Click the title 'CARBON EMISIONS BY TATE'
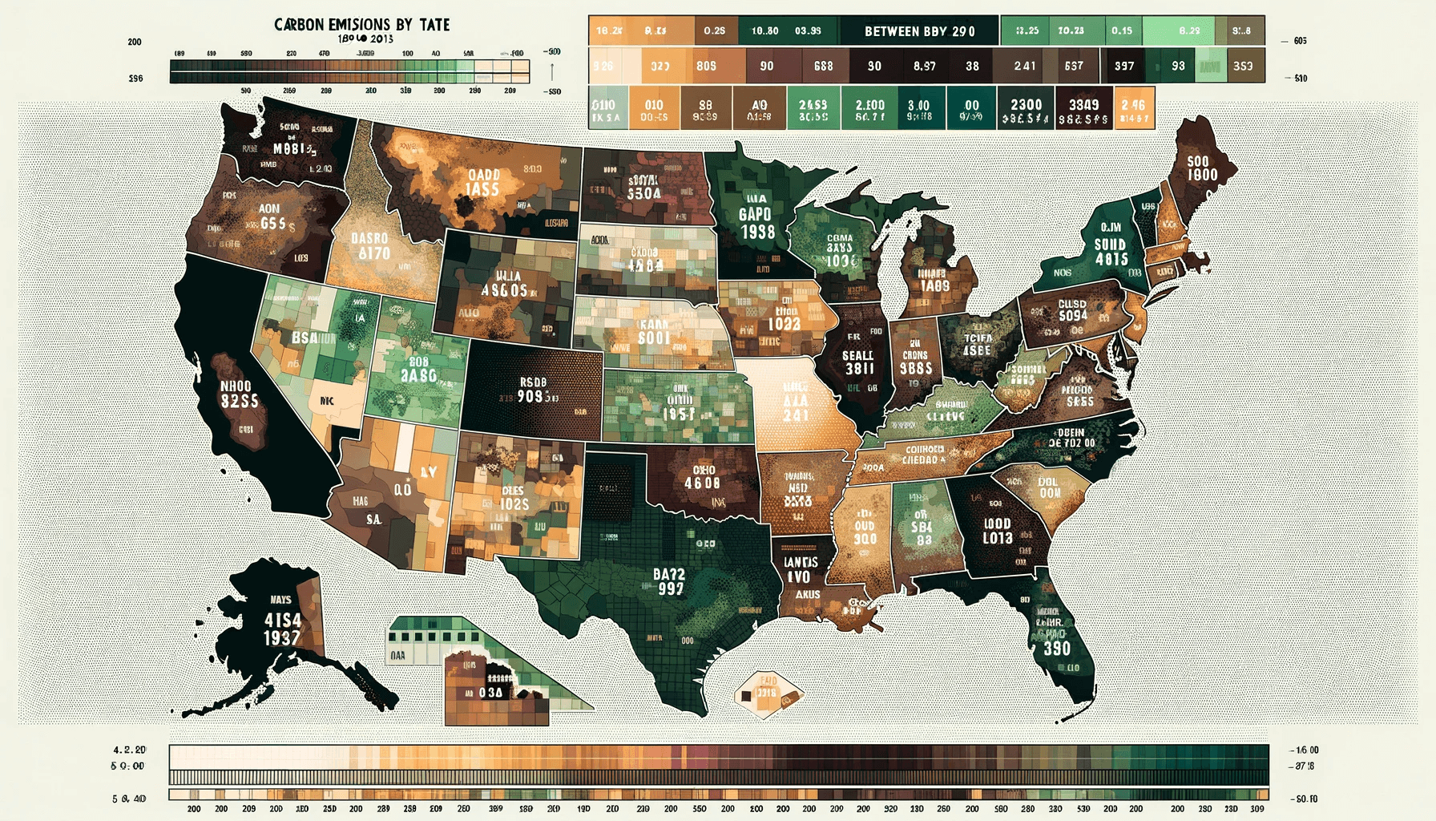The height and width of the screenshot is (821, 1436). (x=361, y=25)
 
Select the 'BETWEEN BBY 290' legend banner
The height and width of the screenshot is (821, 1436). (x=919, y=31)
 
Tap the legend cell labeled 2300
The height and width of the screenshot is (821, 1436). (x=1026, y=111)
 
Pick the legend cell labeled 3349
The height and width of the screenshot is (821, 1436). (x=1083, y=111)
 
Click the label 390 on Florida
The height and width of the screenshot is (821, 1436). (x=1056, y=648)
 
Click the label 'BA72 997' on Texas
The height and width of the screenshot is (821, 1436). (x=669, y=581)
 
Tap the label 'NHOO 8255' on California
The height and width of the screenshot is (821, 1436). (x=239, y=394)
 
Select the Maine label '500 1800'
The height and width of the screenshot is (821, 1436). (x=1202, y=168)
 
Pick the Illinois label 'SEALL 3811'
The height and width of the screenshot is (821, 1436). (x=858, y=362)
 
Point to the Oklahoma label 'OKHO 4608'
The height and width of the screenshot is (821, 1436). (x=702, y=477)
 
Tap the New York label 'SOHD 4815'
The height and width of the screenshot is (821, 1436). (x=1111, y=252)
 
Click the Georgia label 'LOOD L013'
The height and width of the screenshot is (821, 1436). (x=998, y=531)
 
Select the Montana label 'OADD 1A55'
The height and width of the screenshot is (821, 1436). (x=483, y=182)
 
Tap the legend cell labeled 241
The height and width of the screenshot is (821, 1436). (x=1024, y=66)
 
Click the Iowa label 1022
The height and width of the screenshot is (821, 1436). (x=784, y=323)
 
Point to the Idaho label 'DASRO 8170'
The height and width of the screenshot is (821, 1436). (x=369, y=246)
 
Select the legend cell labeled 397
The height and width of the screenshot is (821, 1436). (x=1123, y=66)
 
